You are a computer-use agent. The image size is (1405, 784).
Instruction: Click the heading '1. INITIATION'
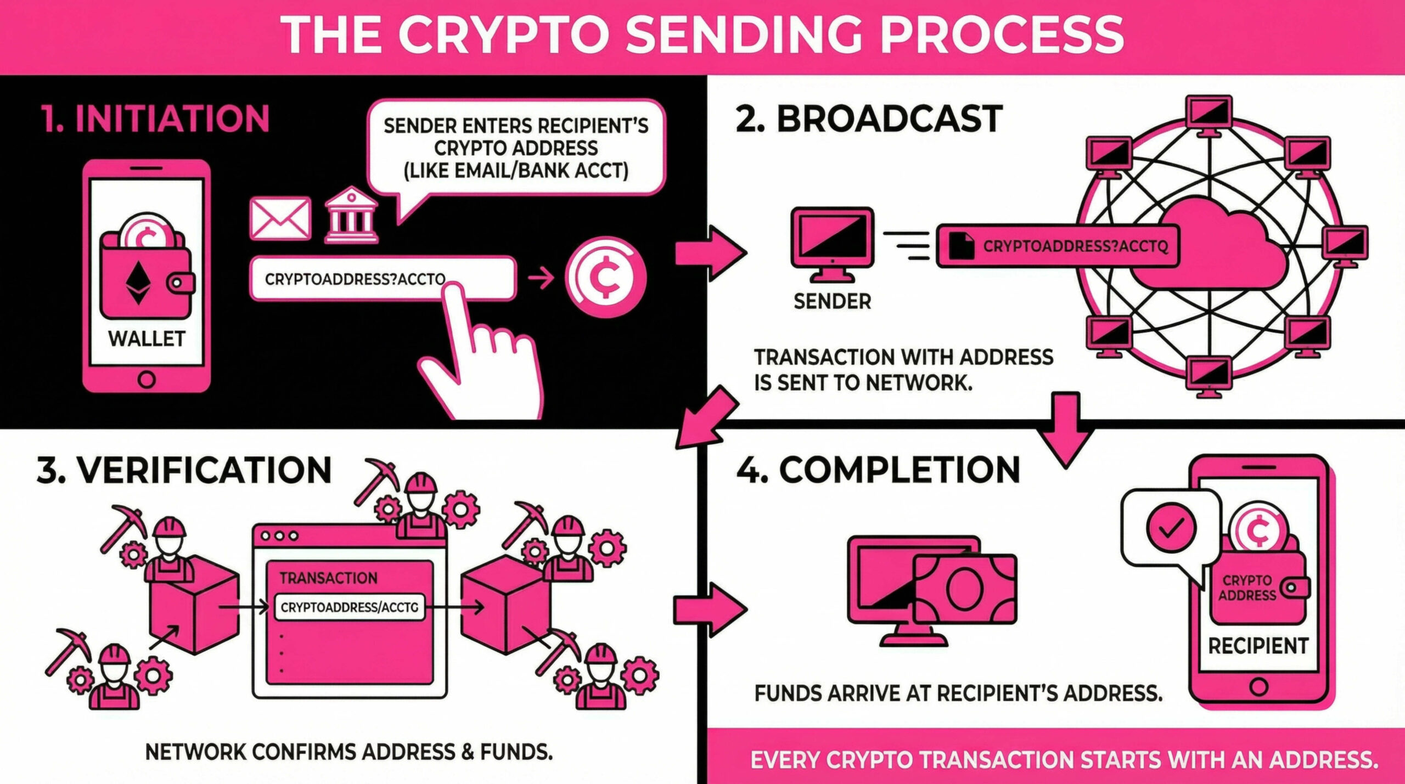point(155,119)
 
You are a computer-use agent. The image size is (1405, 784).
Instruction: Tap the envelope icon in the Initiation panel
point(280,218)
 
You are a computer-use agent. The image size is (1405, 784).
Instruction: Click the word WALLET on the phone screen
point(147,339)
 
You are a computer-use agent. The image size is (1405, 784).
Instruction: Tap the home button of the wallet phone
point(147,379)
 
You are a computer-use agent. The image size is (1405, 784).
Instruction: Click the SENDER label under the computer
point(832,301)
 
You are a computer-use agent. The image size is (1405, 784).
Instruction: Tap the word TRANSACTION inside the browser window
point(328,578)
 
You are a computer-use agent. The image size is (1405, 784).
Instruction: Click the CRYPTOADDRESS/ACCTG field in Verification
point(349,607)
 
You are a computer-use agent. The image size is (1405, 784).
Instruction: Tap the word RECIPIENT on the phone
point(1258,646)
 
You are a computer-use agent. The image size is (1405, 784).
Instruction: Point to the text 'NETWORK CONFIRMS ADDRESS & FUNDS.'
point(349,752)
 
